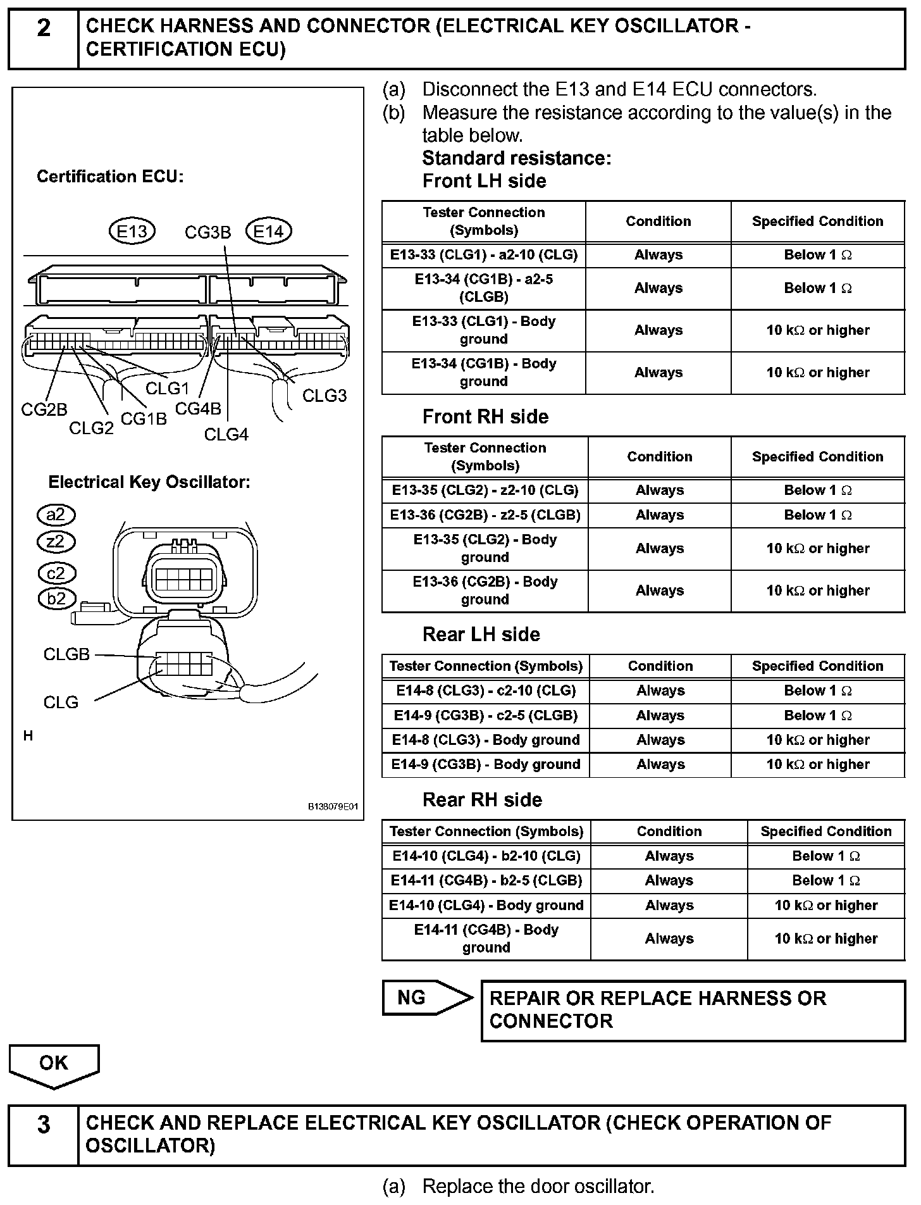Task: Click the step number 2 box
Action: coord(43,39)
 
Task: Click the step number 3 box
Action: coord(43,1135)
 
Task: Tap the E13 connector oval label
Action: coord(132,232)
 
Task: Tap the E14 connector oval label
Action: coord(268,232)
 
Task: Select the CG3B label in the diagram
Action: coord(207,233)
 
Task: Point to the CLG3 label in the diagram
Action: coord(325,396)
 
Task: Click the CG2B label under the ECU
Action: coord(44,410)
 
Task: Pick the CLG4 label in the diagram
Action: coord(226,435)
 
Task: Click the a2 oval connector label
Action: coord(56,515)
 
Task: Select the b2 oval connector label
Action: coord(56,599)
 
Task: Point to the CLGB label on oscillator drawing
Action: coord(66,654)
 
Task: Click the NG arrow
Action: coord(427,998)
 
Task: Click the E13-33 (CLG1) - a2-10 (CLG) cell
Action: coord(484,255)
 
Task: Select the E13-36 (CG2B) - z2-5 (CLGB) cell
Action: coord(485,515)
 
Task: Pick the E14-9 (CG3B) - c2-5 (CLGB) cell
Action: coord(485,716)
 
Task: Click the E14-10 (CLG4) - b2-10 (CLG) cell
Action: coord(486,856)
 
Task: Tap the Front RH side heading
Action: coord(485,416)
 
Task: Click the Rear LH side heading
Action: coord(481,634)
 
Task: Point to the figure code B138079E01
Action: coord(333,807)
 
